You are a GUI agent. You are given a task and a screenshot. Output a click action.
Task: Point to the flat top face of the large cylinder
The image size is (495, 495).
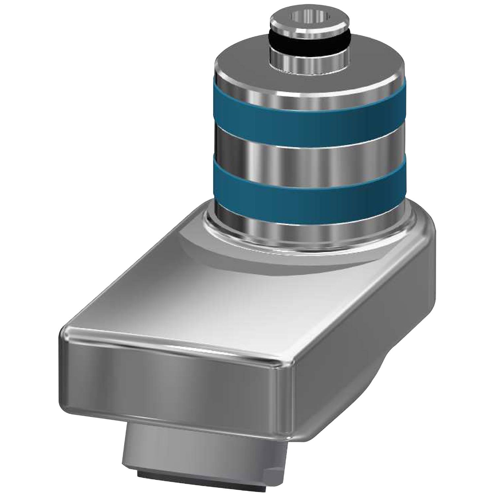[251, 69]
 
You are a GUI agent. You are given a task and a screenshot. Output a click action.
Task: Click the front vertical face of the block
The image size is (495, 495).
[172, 383]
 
